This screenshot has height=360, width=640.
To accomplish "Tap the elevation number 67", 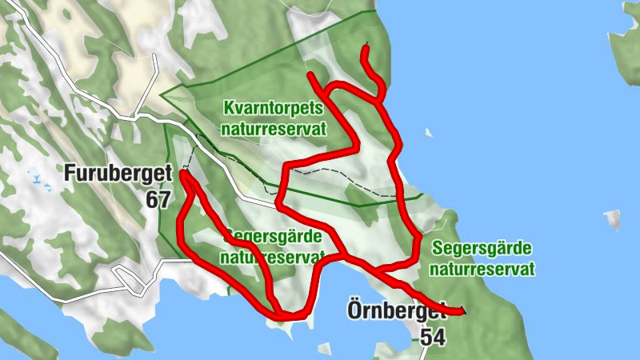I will point(158,199).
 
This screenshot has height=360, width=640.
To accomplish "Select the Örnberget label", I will point(396,310).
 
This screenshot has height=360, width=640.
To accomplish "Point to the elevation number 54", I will point(432,338).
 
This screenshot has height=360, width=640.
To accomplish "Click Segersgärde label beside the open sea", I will point(481,249).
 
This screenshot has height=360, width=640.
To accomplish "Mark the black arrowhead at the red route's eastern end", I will point(462,310).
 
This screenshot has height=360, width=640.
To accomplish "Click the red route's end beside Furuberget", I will point(183,172).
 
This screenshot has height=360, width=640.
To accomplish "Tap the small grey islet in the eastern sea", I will point(613,218).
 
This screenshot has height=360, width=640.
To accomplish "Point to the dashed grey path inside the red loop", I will point(336,174).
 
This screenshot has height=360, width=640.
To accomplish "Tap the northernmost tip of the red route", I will point(365,49).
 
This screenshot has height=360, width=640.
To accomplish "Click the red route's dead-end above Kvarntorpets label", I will point(310,75).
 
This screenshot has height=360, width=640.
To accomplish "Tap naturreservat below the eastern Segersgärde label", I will point(482,270).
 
